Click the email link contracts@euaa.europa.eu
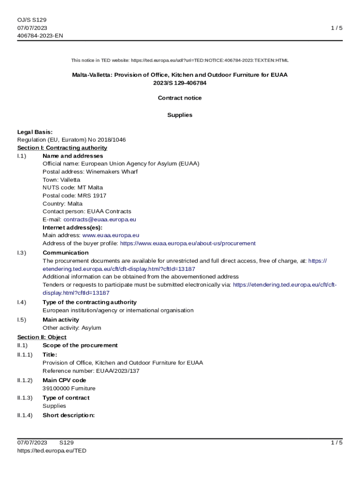click(100, 219)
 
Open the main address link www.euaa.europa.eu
click(110, 235)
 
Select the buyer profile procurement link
click(187, 243)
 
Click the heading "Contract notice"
click(180, 98)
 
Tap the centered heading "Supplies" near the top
click(180, 115)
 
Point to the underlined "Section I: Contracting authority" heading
click(62, 148)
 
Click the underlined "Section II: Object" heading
click(42, 337)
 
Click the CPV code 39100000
click(56, 388)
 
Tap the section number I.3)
click(22, 253)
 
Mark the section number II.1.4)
click(25, 415)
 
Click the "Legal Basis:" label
click(35, 132)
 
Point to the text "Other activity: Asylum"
click(72, 328)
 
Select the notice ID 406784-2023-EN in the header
click(40, 36)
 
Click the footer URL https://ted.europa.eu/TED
click(52, 450)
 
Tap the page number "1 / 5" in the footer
click(337, 443)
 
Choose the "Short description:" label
click(69, 415)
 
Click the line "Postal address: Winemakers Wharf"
click(90, 172)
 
